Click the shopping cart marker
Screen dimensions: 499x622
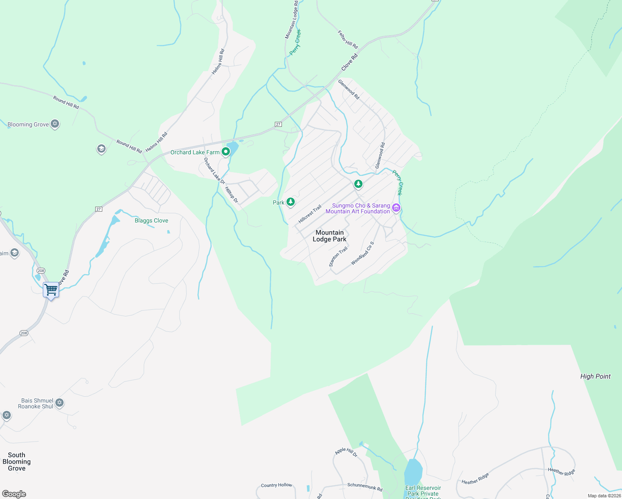coord(51,289)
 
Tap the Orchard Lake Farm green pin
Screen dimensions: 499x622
coord(226,152)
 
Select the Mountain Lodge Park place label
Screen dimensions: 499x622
coord(329,236)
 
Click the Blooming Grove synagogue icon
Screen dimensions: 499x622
coord(55,124)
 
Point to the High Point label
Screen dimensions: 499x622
coord(595,376)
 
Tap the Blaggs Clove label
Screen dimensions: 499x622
coord(151,220)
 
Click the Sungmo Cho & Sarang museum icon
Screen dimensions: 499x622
coord(396,208)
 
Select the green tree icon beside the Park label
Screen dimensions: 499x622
coord(291,202)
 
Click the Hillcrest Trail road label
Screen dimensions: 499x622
coord(310,214)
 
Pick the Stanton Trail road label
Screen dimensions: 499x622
coord(338,257)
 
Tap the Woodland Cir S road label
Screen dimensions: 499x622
coord(363,253)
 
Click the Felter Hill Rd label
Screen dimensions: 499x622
coord(348,40)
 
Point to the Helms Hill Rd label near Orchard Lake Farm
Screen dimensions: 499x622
coord(157,142)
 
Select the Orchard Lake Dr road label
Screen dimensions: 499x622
coord(214,170)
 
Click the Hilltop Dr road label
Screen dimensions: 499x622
coord(232,195)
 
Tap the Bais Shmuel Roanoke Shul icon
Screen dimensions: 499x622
coord(59,403)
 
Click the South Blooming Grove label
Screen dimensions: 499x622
coord(17,462)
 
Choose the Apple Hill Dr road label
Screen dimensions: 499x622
coord(346,452)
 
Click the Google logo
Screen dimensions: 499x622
coord(14,494)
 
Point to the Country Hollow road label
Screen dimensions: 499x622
coord(276,485)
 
